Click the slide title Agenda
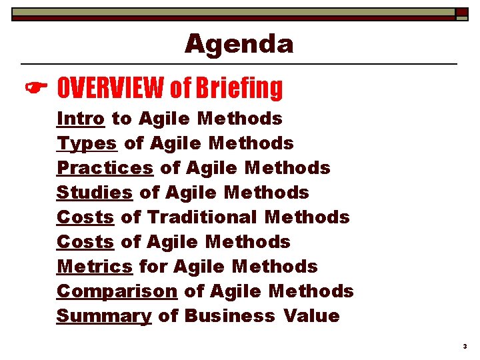[239, 44]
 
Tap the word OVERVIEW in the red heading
[111, 87]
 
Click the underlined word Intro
[81, 119]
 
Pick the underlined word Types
[87, 143]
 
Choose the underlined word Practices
[105, 168]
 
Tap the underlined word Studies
[95, 193]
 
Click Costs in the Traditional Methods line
[85, 217]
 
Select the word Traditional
[202, 217]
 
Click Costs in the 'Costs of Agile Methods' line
[85, 242]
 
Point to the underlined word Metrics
[95, 267]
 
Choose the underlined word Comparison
[117, 291]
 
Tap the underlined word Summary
[104, 316]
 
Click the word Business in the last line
[229, 316]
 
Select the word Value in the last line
[311, 316]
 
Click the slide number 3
[464, 347]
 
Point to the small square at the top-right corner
[462, 13]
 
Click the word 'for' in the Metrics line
[153, 267]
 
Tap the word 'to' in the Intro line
[121, 119]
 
